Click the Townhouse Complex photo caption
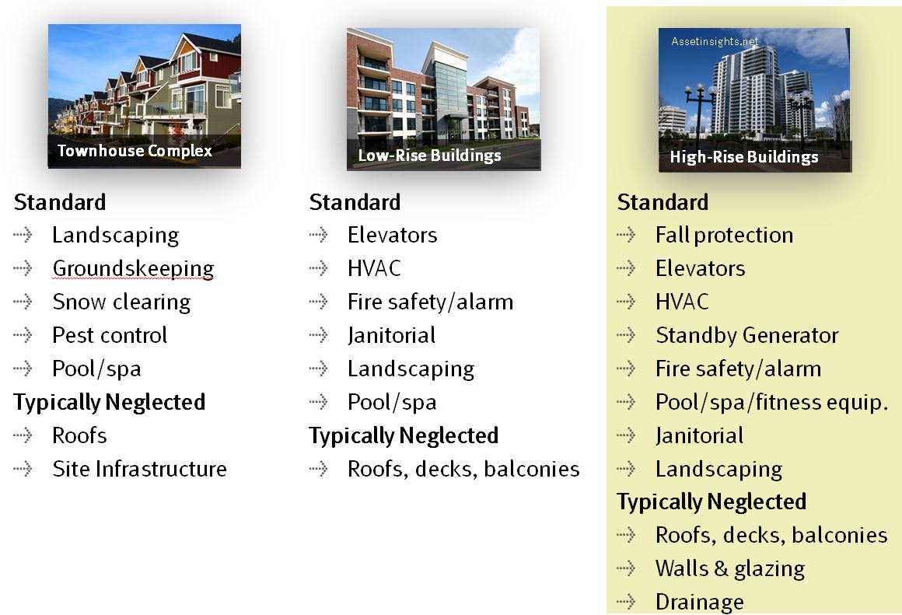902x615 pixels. pos(135,151)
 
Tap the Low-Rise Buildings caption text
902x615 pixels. pos(430,155)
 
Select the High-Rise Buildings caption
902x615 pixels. pos(744,157)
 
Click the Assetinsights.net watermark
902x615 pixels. pos(715,41)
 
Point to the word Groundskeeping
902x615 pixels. pos(133,269)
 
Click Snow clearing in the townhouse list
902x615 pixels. pos(121,302)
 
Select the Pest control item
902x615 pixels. pos(110,335)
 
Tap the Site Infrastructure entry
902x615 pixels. pos(139,469)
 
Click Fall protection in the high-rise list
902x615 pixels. pos(724,236)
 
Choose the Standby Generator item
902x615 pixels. pos(747,335)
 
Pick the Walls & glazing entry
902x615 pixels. pos(730,569)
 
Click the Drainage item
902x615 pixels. pos(700,603)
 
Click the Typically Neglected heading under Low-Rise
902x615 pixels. pos(404,436)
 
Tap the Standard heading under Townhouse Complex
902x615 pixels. pos(60,202)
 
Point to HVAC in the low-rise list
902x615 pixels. pos(374,269)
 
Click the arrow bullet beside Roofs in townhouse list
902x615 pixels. pos(23,435)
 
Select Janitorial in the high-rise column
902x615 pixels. pos(699,436)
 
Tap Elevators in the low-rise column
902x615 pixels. pos(393,236)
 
